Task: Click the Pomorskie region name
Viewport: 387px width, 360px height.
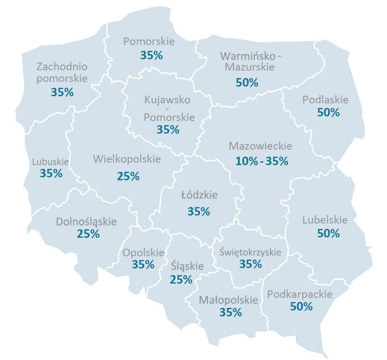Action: click(149, 42)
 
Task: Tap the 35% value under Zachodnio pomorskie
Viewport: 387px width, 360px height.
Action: click(62, 92)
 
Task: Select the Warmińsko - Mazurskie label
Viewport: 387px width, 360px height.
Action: click(247, 61)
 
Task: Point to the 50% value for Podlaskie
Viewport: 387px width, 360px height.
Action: click(328, 113)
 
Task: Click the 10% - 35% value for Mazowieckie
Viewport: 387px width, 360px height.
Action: click(262, 161)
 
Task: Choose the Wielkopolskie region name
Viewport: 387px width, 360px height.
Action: click(127, 159)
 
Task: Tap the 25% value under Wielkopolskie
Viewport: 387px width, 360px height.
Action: click(128, 176)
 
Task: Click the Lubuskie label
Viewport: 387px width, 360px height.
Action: click(50, 161)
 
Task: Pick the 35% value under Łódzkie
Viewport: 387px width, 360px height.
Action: click(199, 211)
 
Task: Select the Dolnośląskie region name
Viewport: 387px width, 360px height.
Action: click(86, 221)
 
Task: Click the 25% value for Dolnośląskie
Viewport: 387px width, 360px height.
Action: click(88, 234)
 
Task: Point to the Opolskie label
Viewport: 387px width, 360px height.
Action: click(143, 253)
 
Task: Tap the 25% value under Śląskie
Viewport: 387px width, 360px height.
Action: click(181, 279)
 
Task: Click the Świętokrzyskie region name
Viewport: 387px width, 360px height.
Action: click(250, 252)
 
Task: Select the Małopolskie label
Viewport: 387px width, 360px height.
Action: click(228, 300)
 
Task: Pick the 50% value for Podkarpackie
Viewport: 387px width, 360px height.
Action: click(301, 307)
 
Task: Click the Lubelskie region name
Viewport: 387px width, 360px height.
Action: click(325, 220)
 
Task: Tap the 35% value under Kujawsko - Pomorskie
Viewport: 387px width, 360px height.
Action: click(168, 130)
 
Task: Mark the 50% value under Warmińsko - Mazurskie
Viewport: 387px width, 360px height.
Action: click(247, 82)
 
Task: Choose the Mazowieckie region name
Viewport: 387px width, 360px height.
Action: click(260, 146)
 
